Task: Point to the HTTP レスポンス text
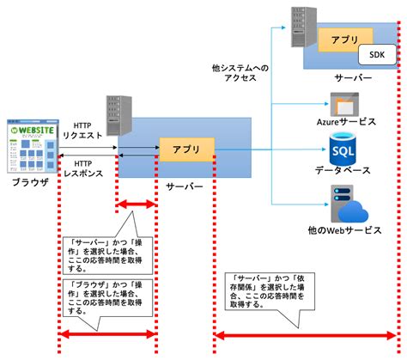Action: [84, 168]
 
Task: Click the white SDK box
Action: [376, 56]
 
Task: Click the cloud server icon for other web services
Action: [343, 211]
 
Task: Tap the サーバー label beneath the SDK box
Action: [353, 78]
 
